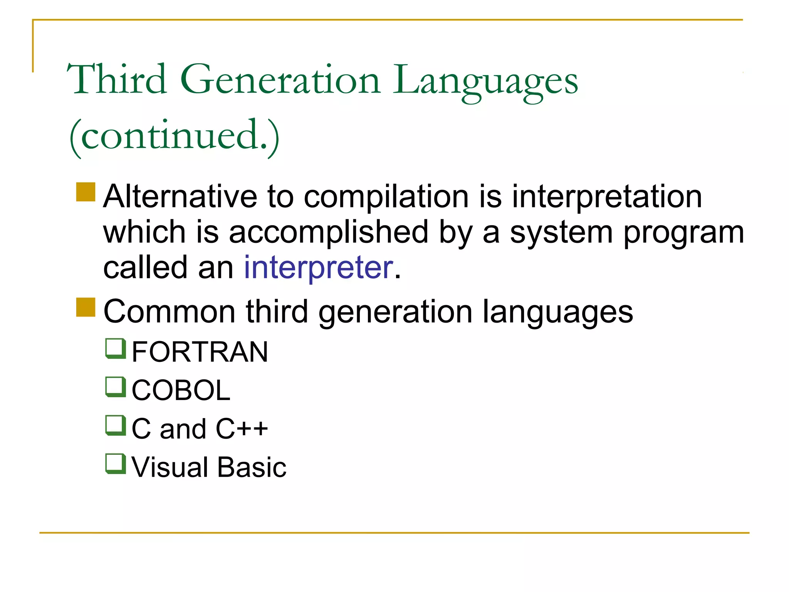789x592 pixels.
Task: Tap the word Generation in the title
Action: click(x=280, y=80)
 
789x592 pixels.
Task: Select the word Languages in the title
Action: click(x=485, y=81)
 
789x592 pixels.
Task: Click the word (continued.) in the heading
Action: click(x=174, y=136)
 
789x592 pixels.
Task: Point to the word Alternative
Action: click(x=180, y=197)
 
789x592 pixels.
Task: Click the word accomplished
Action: click(x=329, y=232)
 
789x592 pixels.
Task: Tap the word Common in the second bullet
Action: click(x=170, y=311)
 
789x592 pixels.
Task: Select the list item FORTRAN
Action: click(x=200, y=352)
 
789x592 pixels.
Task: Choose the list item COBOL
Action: click(x=181, y=390)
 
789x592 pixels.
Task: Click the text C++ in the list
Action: click(x=242, y=429)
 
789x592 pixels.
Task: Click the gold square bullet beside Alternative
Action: click(x=86, y=192)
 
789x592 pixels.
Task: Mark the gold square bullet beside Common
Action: click(x=86, y=307)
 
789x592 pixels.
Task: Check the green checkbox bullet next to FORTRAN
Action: click(x=116, y=348)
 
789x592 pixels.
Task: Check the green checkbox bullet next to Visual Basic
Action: click(x=116, y=464)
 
